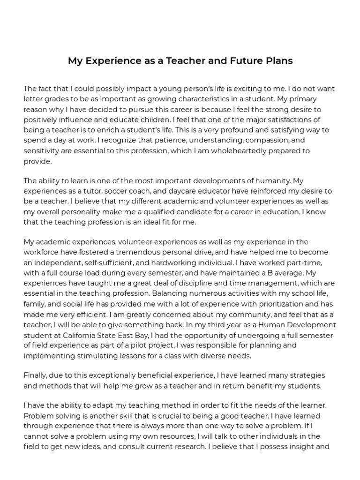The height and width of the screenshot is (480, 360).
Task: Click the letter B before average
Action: (272, 273)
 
